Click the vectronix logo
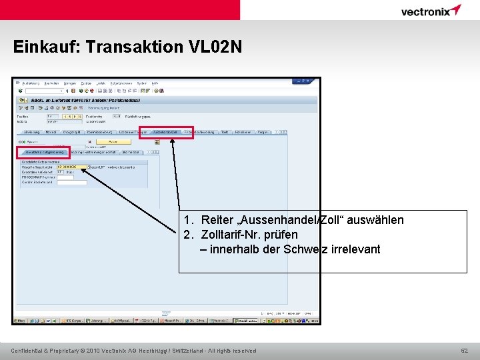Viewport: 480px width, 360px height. coord(431,11)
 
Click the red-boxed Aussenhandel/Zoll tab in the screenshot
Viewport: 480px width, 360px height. coord(166,132)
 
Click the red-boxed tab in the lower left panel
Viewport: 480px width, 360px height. coord(43,152)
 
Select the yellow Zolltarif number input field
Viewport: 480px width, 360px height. coord(71,167)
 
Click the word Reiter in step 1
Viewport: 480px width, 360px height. coord(217,220)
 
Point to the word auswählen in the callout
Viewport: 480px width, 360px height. coord(375,220)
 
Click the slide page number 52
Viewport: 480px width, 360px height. coord(465,351)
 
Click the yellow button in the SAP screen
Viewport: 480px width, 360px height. coord(113,141)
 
